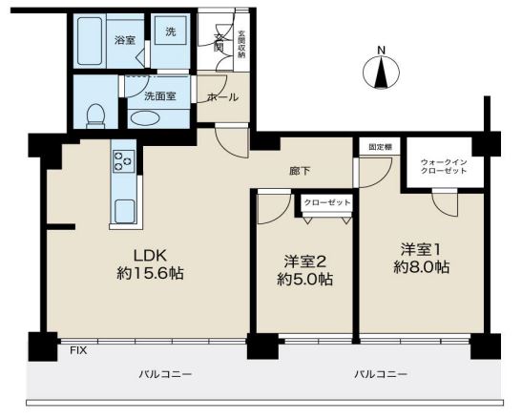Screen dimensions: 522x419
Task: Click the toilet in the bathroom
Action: click(95, 115)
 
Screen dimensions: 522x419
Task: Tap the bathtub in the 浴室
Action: click(90, 41)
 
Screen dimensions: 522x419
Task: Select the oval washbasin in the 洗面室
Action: click(145, 118)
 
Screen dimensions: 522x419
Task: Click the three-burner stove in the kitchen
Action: click(124, 161)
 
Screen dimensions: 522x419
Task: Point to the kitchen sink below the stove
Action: click(124, 211)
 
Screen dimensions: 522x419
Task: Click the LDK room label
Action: click(150, 256)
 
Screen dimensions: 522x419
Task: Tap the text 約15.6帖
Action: click(150, 274)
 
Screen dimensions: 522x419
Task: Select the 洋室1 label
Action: click(421, 250)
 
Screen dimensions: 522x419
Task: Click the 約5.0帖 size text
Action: click(305, 279)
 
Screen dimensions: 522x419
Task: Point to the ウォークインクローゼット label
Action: click(444, 166)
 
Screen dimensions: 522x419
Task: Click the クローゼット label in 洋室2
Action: click(327, 202)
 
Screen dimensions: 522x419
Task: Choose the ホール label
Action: click(222, 97)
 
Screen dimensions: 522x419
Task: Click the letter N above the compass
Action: click(381, 51)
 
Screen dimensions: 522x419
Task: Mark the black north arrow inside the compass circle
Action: click(381, 73)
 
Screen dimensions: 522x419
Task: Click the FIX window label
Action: click(78, 350)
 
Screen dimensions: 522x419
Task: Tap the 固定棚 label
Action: click(380, 147)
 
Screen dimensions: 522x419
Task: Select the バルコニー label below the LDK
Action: click(165, 374)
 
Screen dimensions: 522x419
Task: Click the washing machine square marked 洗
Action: click(171, 32)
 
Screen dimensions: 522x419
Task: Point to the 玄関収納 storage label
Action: click(241, 45)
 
